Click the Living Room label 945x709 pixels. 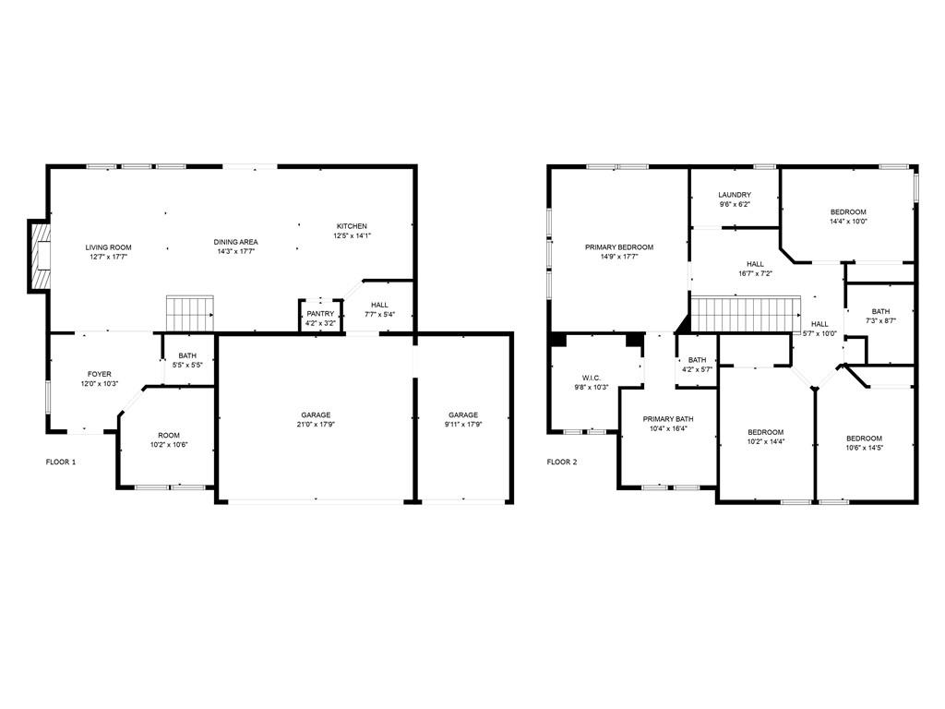(x=109, y=247)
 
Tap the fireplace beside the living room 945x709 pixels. (x=40, y=256)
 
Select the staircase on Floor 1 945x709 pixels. (x=189, y=313)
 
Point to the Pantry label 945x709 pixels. (x=320, y=314)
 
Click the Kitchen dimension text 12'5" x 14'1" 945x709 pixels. (x=352, y=235)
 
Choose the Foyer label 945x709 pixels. (x=100, y=374)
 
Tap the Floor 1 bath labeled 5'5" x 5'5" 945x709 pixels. (x=187, y=360)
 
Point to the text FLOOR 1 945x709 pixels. (x=61, y=462)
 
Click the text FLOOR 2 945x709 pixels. (x=561, y=462)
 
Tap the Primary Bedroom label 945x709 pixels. (x=618, y=247)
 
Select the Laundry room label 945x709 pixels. (x=735, y=195)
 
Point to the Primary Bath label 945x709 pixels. (x=668, y=418)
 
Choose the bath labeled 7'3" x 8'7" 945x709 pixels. (x=880, y=316)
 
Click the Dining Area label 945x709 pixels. (x=236, y=242)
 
